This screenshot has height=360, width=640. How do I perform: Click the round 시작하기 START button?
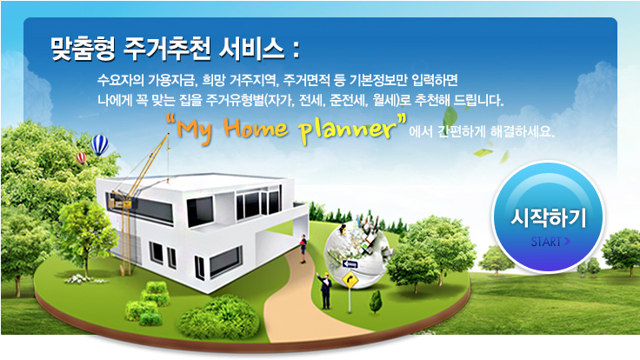tap(548, 217)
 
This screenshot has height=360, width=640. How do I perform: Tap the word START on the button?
tap(546, 242)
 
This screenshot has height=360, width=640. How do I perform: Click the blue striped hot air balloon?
tap(99, 145)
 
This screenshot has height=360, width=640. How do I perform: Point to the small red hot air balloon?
tap(81, 158)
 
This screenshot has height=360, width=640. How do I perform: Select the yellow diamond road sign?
tap(348, 279)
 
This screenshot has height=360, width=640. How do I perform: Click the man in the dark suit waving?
tap(325, 290)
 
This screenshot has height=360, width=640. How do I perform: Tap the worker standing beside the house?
tap(303, 249)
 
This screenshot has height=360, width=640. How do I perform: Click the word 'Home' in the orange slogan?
tap(256, 129)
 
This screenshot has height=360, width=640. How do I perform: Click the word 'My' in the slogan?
tap(195, 132)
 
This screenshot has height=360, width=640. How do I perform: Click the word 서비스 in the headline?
tap(251, 49)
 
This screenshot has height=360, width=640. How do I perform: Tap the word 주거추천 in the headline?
tap(167, 49)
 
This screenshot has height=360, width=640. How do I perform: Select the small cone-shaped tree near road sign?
tap(376, 302)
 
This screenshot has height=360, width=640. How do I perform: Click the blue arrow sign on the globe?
tap(350, 264)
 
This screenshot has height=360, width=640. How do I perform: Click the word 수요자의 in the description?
tap(120, 79)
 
